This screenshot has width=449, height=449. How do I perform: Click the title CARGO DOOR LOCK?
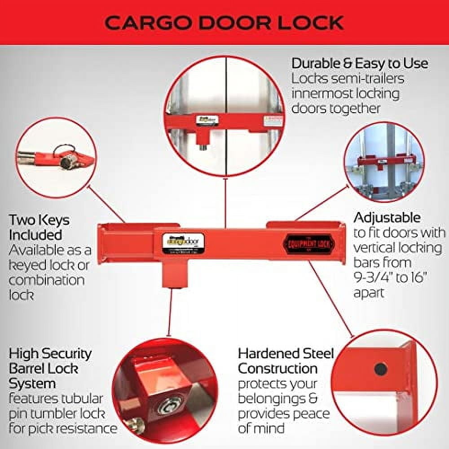[224, 23]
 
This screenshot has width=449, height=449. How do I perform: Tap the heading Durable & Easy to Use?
[359, 63]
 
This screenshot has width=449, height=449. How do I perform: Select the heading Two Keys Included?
[39, 227]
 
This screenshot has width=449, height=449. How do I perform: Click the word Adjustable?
[387, 218]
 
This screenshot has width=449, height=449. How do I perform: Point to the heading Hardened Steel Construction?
[286, 361]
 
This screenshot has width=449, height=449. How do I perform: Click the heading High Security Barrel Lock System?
[50, 369]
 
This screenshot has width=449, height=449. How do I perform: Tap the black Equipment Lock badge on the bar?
[305, 243]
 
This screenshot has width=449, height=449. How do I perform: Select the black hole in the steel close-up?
[381, 369]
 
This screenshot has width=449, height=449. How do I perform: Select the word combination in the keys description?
[46, 280]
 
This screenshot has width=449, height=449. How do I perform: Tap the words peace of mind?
[283, 421]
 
